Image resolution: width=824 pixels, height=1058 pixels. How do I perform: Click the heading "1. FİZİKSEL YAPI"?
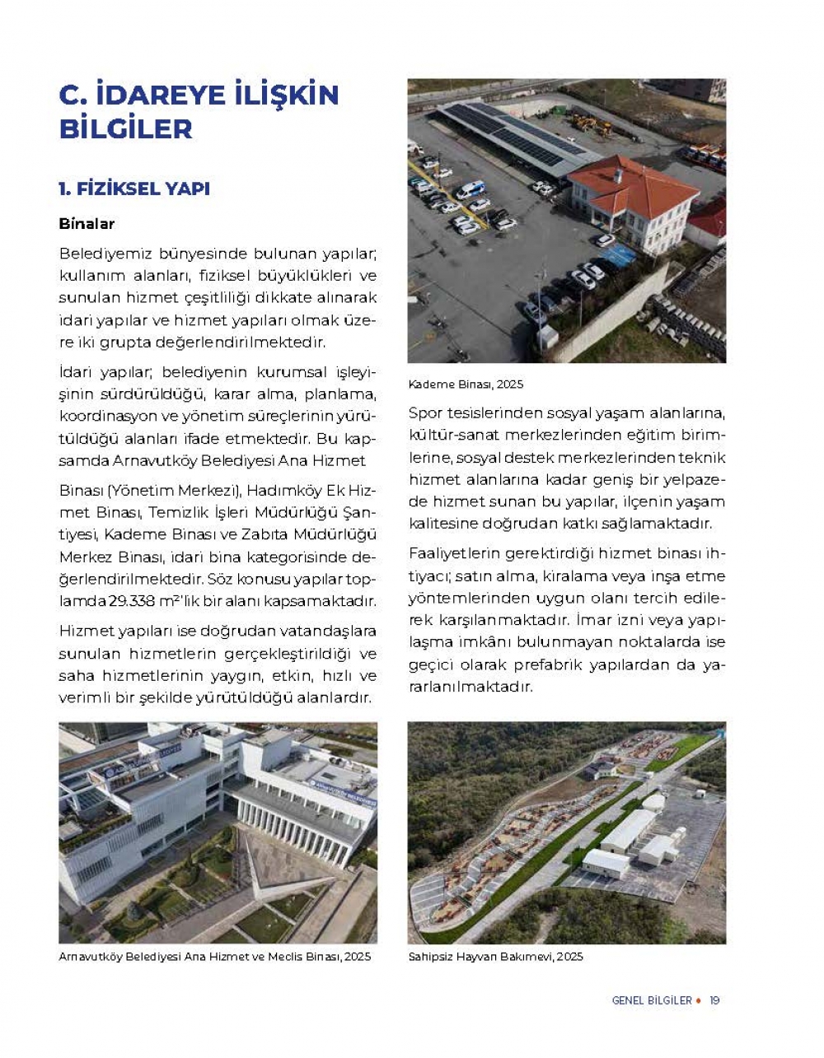pos(134,189)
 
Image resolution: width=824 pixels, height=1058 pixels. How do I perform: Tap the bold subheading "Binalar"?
pos(87,224)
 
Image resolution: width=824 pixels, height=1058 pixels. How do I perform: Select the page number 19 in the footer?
pos(714,1000)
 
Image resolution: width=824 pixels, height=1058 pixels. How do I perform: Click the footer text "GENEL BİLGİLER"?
pos(651,1000)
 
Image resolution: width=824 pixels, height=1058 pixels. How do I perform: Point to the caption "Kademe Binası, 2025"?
pos(466,385)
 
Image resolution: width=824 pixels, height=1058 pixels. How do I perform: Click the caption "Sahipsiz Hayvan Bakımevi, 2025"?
pos(495,957)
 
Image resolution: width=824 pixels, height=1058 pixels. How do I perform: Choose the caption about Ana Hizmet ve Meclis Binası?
pos(214,957)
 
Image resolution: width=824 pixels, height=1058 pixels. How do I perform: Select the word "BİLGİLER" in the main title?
pos(125,129)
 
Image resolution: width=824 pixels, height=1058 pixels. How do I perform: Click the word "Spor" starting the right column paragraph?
pos(426,413)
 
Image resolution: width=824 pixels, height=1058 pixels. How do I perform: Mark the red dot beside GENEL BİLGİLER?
pos(699,1000)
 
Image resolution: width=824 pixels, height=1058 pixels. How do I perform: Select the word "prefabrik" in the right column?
pos(548,664)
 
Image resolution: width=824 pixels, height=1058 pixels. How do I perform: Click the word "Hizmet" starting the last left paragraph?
pos(85,632)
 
